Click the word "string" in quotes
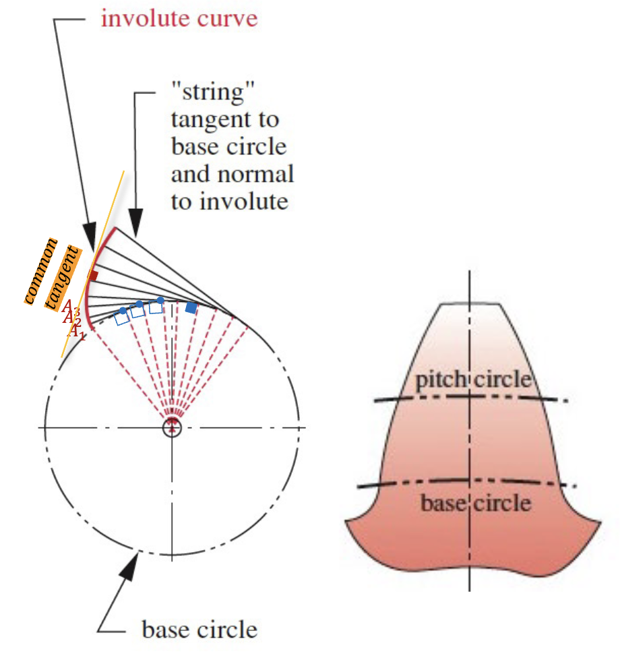(x=203, y=92)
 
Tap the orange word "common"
(x=41, y=270)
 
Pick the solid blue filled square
(x=191, y=307)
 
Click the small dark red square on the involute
(x=94, y=275)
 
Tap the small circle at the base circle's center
(x=173, y=427)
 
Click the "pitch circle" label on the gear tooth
(x=472, y=380)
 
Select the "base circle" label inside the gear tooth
(x=475, y=503)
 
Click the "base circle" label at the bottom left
(x=199, y=630)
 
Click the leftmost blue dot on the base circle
(x=123, y=310)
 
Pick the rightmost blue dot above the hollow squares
(x=160, y=299)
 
